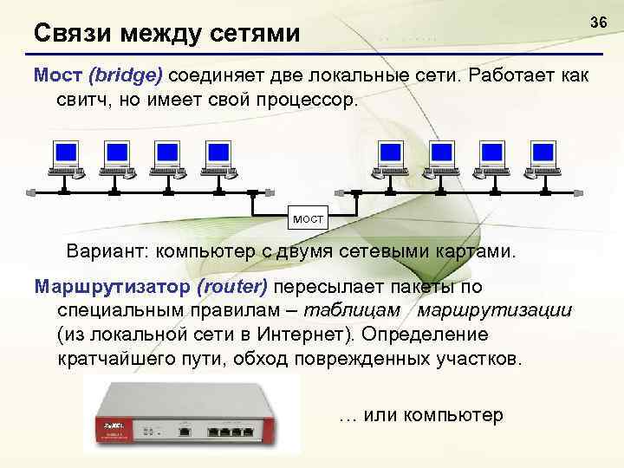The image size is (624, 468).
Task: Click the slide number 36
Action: coord(597,20)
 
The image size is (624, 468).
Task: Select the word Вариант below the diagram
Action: coord(104,251)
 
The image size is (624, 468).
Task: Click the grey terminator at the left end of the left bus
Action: coord(32,190)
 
